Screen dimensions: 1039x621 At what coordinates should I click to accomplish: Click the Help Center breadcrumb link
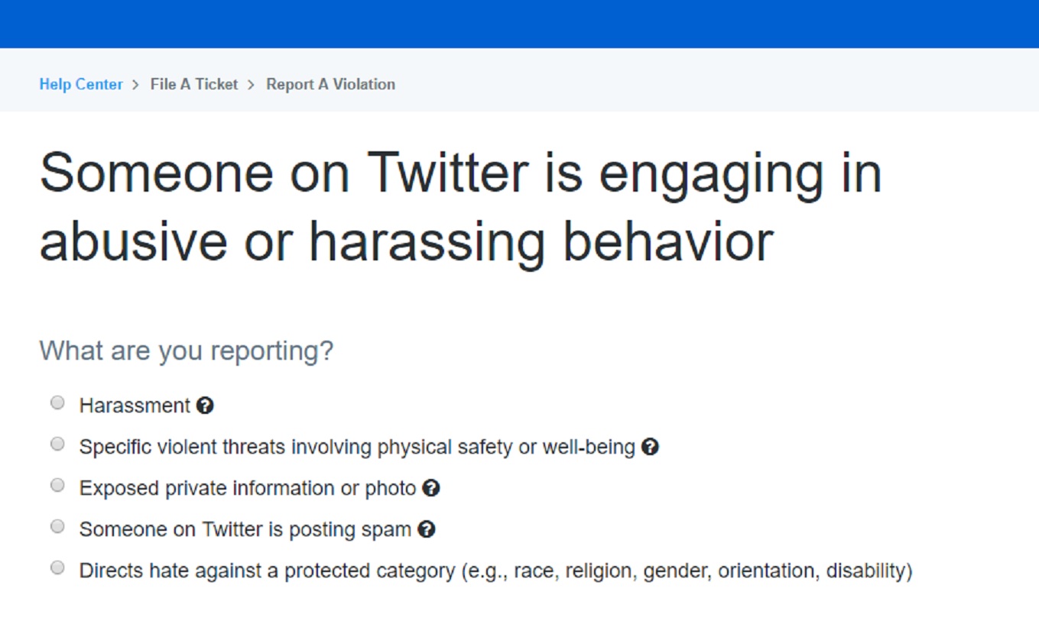pos(81,84)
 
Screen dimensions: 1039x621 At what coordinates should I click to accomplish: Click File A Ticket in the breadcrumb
pos(194,84)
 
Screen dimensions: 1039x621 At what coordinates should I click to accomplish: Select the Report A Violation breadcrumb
pos(331,84)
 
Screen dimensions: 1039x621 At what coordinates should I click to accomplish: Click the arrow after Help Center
pos(135,85)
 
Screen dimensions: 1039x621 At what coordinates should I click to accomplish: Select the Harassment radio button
pos(57,403)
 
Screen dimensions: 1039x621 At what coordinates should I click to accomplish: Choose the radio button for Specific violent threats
pos(57,444)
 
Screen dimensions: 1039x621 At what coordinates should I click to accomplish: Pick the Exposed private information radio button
pos(57,485)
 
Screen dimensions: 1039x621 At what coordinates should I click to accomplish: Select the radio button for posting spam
pos(57,526)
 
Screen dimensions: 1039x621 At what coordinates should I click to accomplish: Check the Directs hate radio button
pos(57,568)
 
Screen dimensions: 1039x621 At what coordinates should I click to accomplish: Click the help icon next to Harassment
pos(205,406)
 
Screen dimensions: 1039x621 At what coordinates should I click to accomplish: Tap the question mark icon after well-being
pos(650,447)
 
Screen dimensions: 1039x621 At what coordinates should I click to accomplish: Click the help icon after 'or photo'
pos(431,488)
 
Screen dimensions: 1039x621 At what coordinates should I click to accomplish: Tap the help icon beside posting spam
pos(427,529)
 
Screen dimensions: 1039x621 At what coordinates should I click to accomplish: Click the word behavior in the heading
pos(668,241)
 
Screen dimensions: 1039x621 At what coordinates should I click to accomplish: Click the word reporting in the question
pos(272,351)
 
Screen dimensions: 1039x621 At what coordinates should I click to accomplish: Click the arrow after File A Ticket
pos(251,85)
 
